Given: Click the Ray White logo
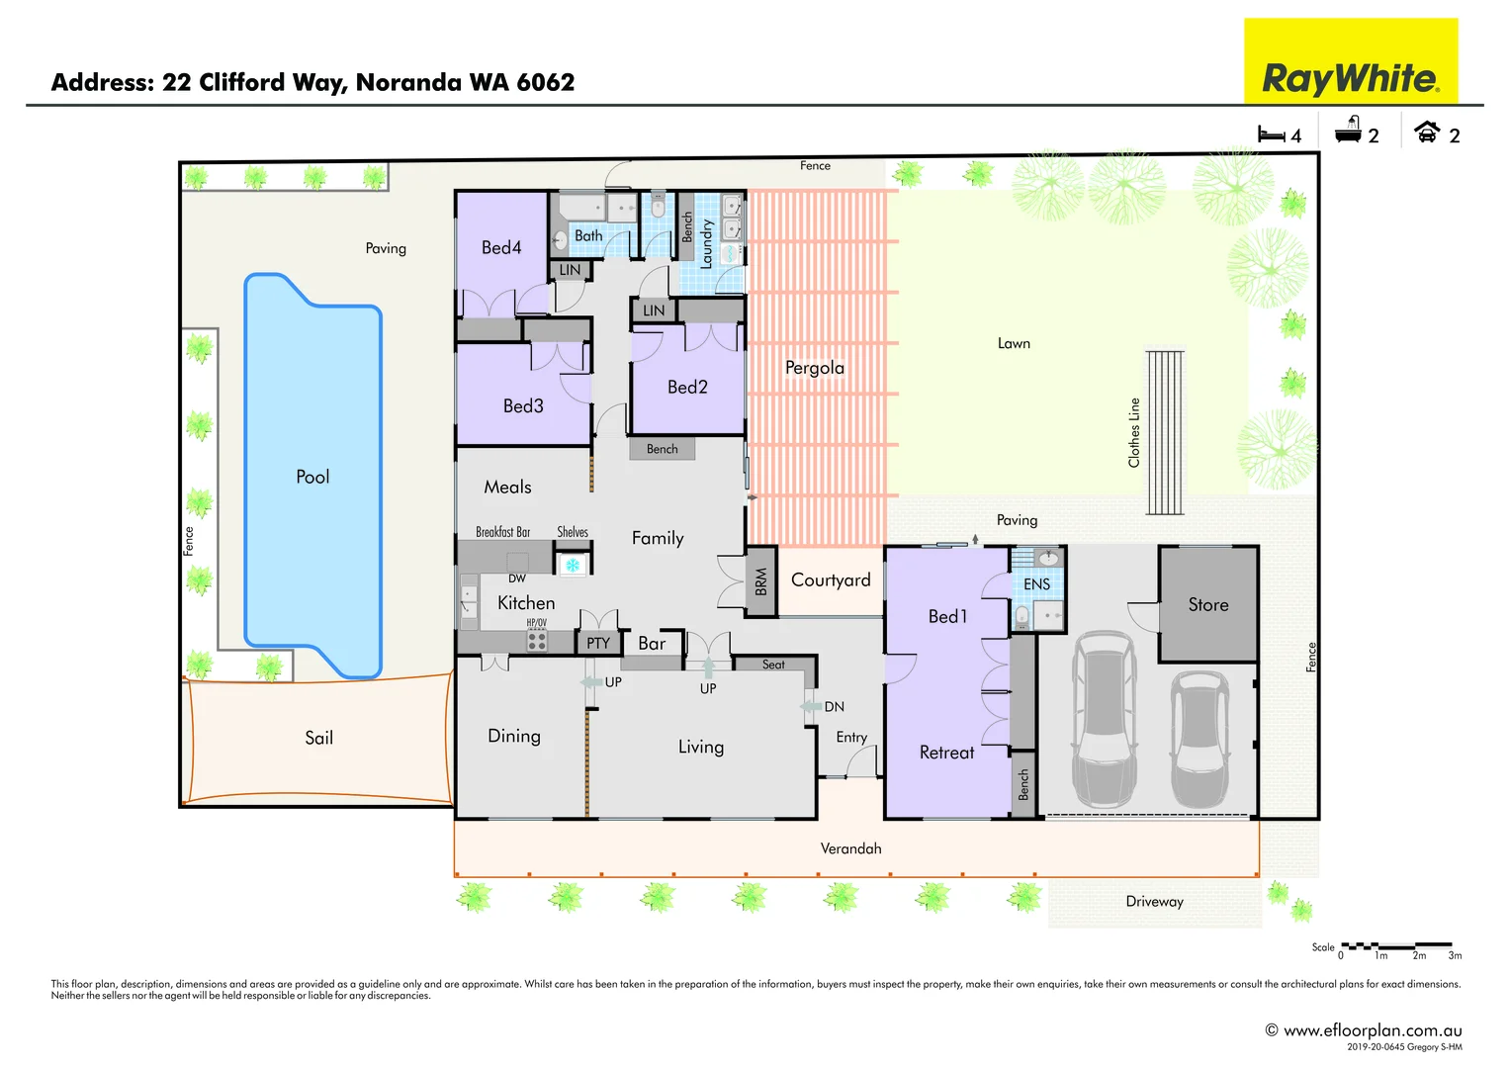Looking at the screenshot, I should (1350, 61).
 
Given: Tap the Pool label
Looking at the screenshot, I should (312, 477).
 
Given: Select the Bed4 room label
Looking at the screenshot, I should (501, 247).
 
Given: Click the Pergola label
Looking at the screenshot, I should (815, 368).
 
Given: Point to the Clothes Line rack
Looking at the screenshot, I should (1165, 432).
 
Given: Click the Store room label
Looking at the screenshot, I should (1208, 604).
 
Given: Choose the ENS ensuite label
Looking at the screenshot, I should (1036, 584).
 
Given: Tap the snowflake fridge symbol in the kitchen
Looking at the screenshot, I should (573, 566).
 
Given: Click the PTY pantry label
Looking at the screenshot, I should (598, 643).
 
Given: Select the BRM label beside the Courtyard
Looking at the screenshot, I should (760, 581).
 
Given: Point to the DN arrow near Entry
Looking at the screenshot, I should (812, 706).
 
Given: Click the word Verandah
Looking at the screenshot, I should (850, 848).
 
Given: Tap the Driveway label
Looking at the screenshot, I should (1154, 901).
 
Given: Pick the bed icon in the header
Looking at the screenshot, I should (1271, 133).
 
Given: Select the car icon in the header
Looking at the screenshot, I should (1426, 132).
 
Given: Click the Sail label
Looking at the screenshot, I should (318, 738).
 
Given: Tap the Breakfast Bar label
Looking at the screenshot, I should (502, 532).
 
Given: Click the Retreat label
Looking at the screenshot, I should (946, 753).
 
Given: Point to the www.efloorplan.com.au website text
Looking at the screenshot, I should (1372, 1030).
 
